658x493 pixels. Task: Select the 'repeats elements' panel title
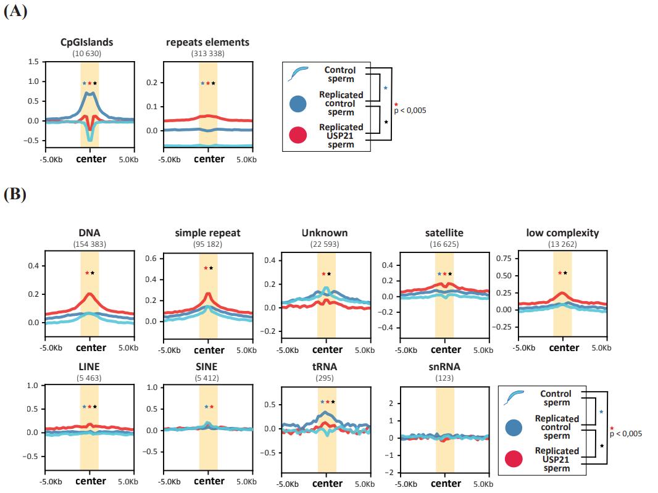(x=207, y=43)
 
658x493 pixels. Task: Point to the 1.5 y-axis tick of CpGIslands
(x=33, y=62)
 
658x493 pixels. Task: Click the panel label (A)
(x=15, y=12)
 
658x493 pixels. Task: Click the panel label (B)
(x=15, y=194)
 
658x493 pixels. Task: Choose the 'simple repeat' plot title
(x=207, y=233)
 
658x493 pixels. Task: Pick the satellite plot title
(x=444, y=233)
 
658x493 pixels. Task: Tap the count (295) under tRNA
(x=324, y=378)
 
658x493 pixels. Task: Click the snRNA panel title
(x=444, y=367)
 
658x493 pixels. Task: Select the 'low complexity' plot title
(x=562, y=233)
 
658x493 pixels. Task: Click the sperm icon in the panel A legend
(x=297, y=74)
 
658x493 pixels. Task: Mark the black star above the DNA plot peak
(x=93, y=273)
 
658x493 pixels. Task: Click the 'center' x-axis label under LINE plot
(x=90, y=481)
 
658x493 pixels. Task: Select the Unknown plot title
(x=324, y=233)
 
